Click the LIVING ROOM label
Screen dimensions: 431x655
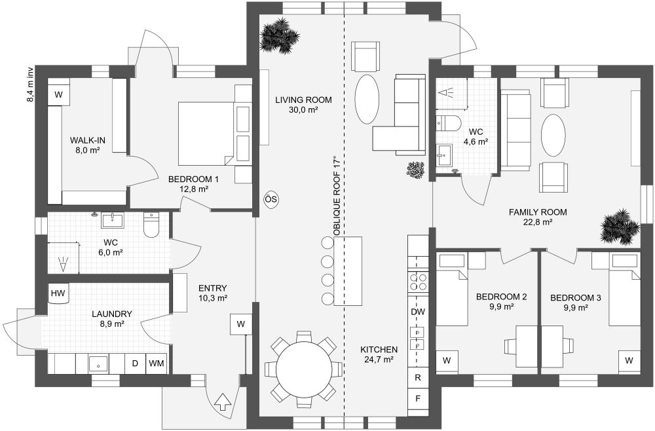[303, 100]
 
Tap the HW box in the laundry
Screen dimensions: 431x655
[58, 293]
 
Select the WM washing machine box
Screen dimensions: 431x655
[156, 363]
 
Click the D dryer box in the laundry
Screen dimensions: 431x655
[135, 363]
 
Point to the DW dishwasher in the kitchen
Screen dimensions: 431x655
[418, 312]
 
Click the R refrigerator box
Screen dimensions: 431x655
[418, 377]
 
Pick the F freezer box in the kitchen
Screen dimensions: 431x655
[418, 398]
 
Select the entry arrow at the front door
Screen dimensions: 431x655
[223, 402]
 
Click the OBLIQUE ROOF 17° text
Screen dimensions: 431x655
[337, 197]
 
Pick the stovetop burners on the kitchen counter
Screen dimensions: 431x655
[418, 283]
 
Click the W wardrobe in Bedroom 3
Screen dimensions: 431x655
[629, 360]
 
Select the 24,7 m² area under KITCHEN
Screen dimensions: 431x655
[379, 360]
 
